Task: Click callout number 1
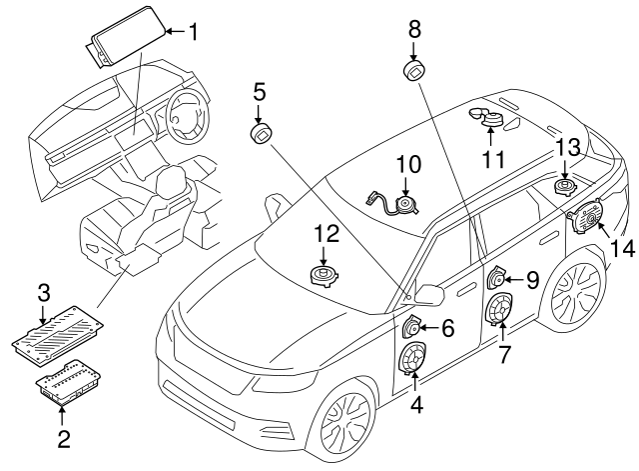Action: click(x=193, y=32)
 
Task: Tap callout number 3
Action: click(x=43, y=294)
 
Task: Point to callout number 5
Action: click(x=259, y=93)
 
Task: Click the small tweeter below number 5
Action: click(x=262, y=134)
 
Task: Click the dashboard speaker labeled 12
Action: click(x=324, y=274)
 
